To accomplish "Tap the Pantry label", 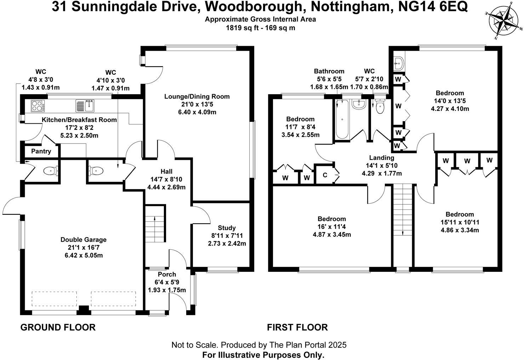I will (41, 151).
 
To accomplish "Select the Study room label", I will (227, 228).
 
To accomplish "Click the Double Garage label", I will (83, 240).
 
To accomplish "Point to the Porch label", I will (167, 274).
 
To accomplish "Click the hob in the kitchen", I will (37, 105).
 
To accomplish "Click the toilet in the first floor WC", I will (380, 106).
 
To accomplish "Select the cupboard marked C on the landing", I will (325, 175).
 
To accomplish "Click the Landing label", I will (381, 158).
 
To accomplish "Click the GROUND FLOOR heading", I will (58, 327).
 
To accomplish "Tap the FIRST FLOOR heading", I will (297, 327).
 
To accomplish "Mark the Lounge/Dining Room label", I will (197, 96).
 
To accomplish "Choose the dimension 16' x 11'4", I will (331, 227).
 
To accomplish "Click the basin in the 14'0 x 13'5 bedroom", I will (399, 64).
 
